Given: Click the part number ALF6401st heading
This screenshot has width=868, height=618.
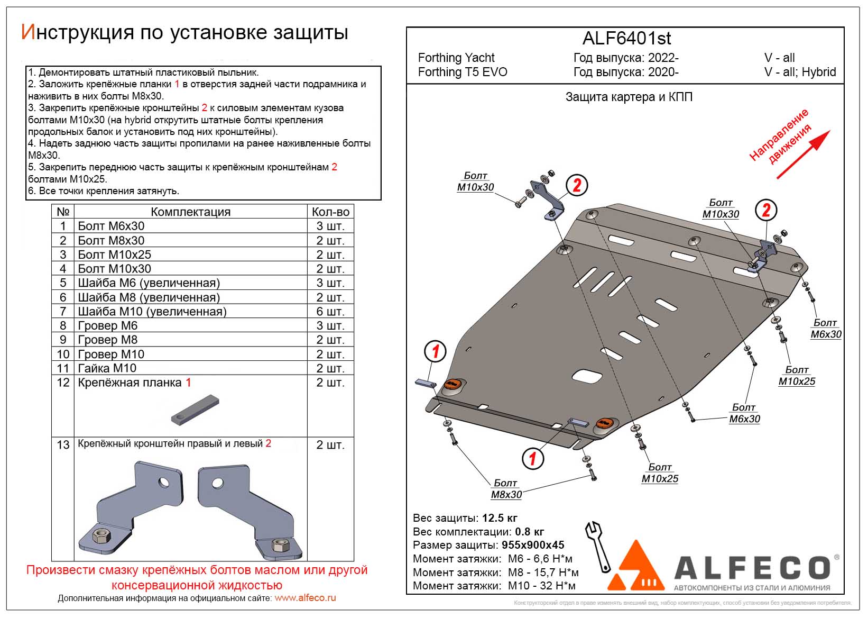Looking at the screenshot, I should (626, 38).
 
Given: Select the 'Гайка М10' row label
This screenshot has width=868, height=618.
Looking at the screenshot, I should (107, 368).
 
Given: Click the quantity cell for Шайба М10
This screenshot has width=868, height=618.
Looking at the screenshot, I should (330, 312).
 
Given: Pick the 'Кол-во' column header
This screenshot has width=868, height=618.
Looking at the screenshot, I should (330, 212).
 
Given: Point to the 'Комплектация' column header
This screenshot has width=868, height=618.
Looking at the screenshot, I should (190, 212).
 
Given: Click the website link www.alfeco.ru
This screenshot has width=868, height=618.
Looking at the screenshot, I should (305, 598).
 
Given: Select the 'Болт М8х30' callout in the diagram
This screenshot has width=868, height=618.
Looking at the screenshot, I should (506, 489).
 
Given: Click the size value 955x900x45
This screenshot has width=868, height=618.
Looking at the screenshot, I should (533, 545).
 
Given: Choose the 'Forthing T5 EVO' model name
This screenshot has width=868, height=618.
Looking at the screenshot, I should (463, 72).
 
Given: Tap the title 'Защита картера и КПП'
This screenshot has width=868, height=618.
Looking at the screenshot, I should (629, 97).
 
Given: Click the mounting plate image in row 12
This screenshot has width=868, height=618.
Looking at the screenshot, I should (195, 410).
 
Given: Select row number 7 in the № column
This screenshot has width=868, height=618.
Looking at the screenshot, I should (63, 312).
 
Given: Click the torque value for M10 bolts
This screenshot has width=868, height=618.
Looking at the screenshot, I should (541, 586).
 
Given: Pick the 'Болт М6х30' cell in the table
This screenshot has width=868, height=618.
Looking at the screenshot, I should (111, 226).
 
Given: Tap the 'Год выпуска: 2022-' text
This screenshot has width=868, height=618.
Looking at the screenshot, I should (626, 58).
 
